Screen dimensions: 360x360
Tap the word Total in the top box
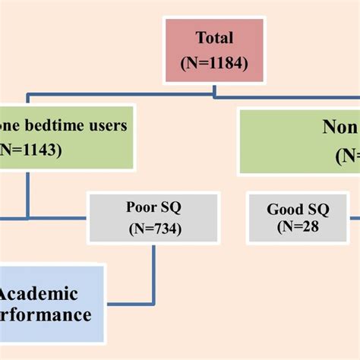[213, 37]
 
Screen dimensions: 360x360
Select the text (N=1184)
[214, 64]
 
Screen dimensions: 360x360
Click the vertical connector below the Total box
[215, 89]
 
